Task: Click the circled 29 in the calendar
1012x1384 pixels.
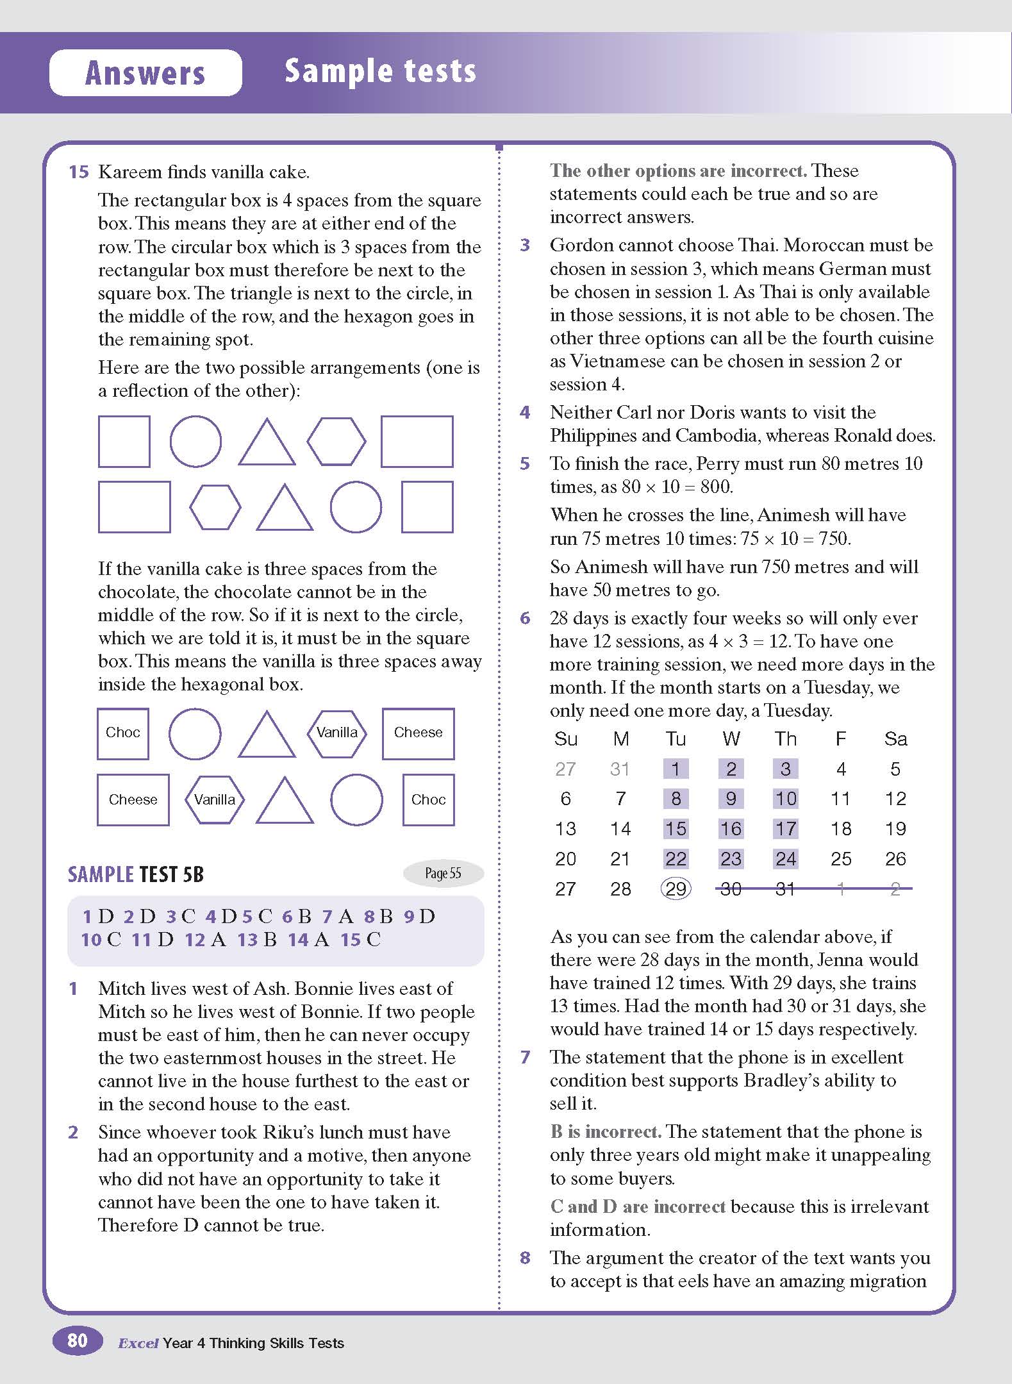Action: [x=676, y=888]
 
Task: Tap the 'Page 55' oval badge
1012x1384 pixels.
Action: [x=443, y=873]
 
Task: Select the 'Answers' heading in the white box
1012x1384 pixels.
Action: [x=145, y=72]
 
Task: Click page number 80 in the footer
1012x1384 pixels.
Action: [x=77, y=1340]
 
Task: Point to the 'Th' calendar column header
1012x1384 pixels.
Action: [x=785, y=739]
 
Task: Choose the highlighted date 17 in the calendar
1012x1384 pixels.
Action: [x=786, y=829]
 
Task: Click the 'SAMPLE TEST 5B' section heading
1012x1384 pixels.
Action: [x=136, y=874]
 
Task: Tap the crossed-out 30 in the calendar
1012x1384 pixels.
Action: [x=731, y=888]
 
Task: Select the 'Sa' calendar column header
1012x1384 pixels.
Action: [x=895, y=739]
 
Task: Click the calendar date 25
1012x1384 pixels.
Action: [x=841, y=859]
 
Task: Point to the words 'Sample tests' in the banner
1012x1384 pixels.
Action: [x=380, y=71]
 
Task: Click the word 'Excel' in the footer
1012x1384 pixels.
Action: [x=138, y=1344]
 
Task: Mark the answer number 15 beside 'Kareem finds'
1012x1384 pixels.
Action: [x=78, y=172]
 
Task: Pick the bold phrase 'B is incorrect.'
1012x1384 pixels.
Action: [x=606, y=1131]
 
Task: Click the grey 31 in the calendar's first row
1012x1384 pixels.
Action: [x=620, y=769]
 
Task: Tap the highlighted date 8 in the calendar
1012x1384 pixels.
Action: [x=676, y=799]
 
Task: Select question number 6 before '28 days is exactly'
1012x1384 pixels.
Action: [x=525, y=618]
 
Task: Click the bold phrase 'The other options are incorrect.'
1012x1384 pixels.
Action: [x=678, y=171]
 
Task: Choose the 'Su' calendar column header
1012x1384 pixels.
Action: [x=565, y=739]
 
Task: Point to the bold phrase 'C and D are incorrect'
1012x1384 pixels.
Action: [x=638, y=1206]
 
